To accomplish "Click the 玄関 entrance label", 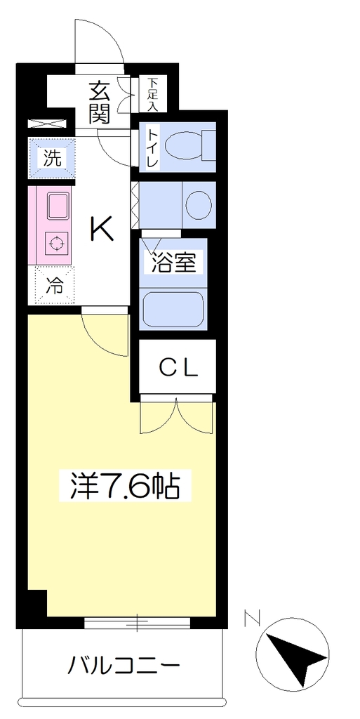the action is tap(100, 103).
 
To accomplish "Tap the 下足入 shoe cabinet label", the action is tap(152, 95).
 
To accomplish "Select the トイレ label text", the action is tap(152, 147).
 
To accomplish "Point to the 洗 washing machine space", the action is tap(52, 158).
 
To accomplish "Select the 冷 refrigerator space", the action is tap(55, 285).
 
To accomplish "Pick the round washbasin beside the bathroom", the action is tap(199, 204).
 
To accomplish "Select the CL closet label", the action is tap(179, 367).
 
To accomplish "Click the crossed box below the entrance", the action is tap(48, 124).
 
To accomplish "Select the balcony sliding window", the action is tap(137, 622).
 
